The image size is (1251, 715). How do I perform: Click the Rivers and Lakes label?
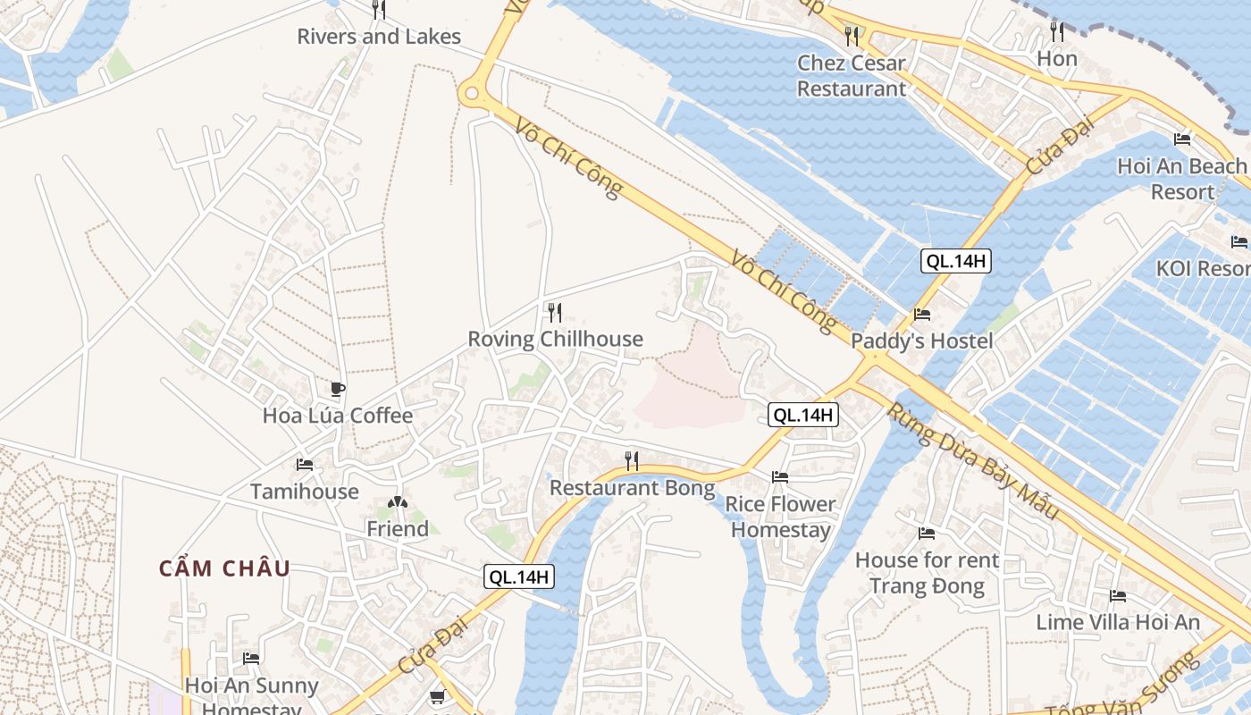coord(379,37)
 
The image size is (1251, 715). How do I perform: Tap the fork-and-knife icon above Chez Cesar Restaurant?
coord(852,36)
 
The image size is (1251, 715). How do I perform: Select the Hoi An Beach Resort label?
coord(1181,179)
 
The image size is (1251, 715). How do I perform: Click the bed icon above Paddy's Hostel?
coord(922,315)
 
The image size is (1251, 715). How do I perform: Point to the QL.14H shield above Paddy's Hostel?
coord(956,261)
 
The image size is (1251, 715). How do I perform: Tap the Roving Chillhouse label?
coord(555,339)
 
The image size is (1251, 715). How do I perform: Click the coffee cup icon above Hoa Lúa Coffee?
coord(337,389)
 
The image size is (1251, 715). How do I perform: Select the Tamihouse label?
coord(304,492)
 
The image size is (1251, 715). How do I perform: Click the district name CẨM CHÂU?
coord(225,568)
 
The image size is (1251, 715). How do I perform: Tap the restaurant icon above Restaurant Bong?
coord(632,461)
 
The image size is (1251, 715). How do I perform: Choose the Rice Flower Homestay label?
coord(780,517)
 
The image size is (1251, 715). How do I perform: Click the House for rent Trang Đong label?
coord(927,573)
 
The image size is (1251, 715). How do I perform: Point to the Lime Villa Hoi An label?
coord(1118,622)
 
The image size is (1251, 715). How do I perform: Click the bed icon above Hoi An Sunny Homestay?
coord(251,659)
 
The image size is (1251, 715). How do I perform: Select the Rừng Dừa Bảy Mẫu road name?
coord(972,462)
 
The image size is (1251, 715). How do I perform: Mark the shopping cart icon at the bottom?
coord(437,697)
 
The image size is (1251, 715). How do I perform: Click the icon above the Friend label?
coord(397,503)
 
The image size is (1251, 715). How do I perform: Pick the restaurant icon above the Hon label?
coord(1057,32)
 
